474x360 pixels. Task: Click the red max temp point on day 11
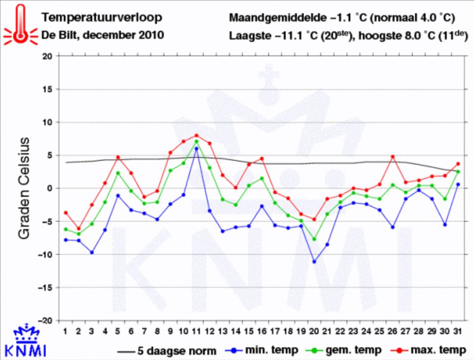coord(196,135)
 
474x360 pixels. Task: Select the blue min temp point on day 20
coord(314,262)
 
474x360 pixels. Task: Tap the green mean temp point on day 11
coord(196,142)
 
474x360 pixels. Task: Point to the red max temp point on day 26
coord(392,156)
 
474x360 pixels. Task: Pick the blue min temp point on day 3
coord(91,252)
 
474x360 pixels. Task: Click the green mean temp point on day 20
coord(314,239)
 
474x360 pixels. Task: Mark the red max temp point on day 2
coord(78,229)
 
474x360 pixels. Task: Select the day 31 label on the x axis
coord(457,330)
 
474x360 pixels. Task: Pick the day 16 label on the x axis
coord(262,330)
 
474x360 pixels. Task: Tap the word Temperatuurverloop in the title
coord(101,18)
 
